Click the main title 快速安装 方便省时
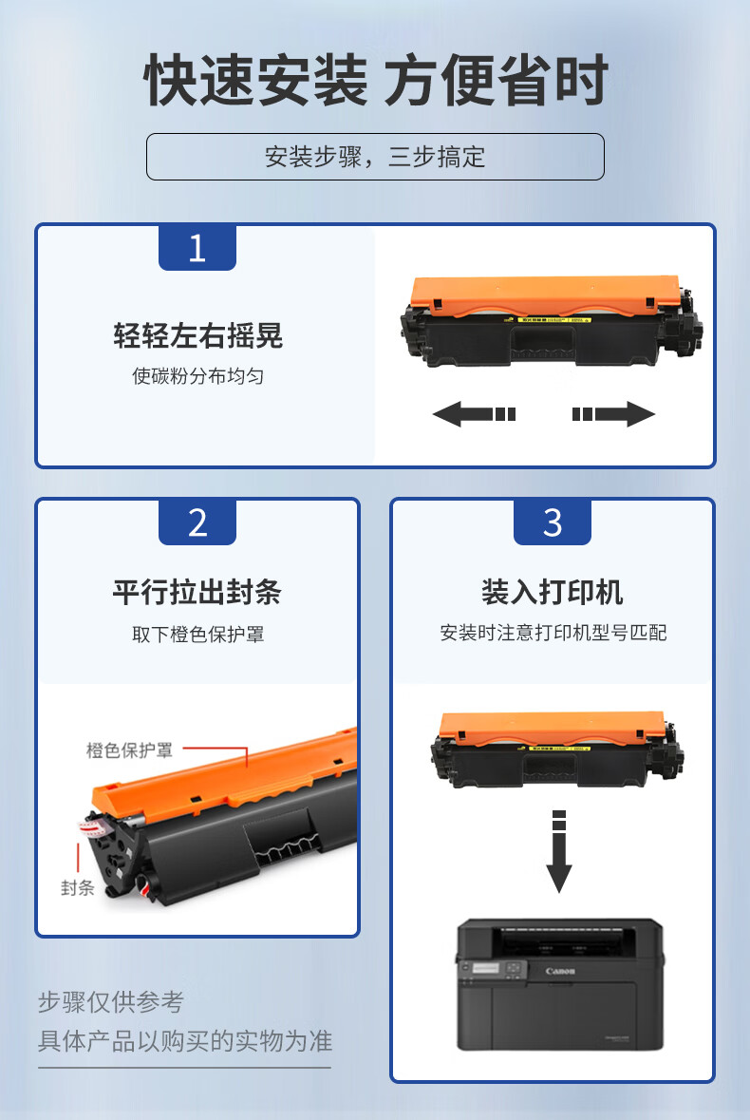coord(375,80)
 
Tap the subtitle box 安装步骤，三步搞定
coord(375,157)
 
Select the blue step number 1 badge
coord(197,247)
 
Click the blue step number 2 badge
coord(197,522)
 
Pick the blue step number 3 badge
coord(553,522)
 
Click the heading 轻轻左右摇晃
coord(197,335)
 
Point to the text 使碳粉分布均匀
coord(197,376)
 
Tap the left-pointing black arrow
coord(474,413)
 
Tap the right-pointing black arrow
coord(613,413)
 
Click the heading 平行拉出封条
coord(197,592)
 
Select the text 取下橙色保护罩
coord(197,634)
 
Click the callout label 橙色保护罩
coord(129,750)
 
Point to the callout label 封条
coord(77,887)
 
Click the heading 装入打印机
coord(553,592)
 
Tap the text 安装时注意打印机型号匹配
coord(553,633)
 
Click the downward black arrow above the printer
coord(559,851)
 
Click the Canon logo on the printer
coord(560,971)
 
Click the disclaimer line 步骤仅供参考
coord(111,1001)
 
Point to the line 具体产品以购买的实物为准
coord(185,1041)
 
